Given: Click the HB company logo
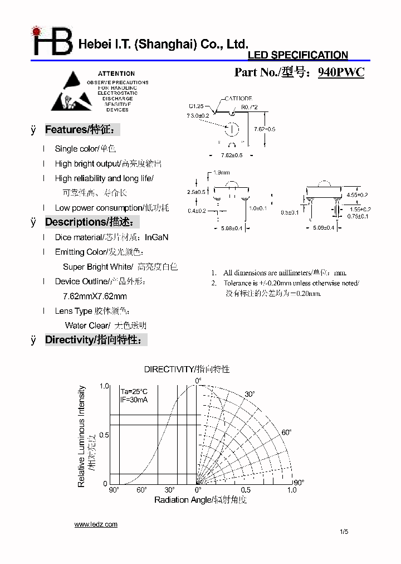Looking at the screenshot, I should [x=52, y=41].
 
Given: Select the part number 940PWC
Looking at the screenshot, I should [x=341, y=72].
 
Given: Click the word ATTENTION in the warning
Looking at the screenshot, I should [x=116, y=74].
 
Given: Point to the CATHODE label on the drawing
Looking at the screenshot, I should [x=238, y=99].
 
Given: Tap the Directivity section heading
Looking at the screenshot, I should [x=96, y=339].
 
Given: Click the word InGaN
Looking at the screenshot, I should [x=157, y=237].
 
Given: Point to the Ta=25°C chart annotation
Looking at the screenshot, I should [x=134, y=392].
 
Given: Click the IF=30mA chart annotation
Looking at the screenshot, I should [x=134, y=400].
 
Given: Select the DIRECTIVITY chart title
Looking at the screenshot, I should [x=187, y=369].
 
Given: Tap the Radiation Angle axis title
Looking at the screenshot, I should [x=200, y=500].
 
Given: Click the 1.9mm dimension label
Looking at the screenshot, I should [x=221, y=173].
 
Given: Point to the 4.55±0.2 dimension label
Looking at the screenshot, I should [x=357, y=195].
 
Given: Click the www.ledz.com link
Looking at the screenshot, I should [x=96, y=524].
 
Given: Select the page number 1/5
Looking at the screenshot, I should [x=344, y=532].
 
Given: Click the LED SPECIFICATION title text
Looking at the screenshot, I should [x=297, y=55].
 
